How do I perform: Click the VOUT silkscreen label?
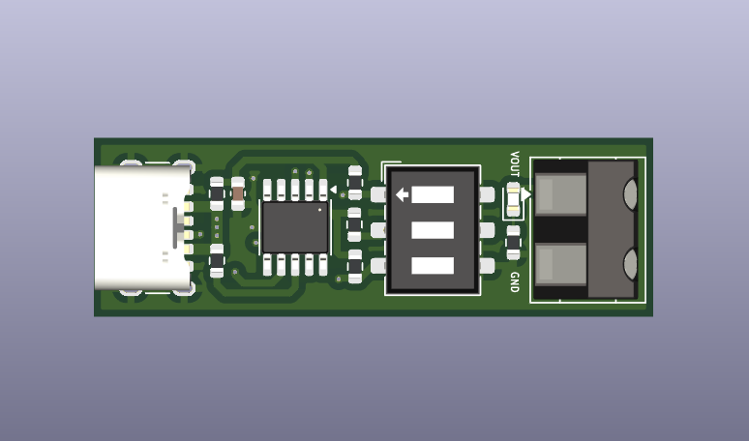(x=515, y=163)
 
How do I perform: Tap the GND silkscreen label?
(x=515, y=282)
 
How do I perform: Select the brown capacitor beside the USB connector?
(x=238, y=193)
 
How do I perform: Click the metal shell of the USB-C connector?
(x=142, y=227)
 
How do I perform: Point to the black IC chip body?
(x=295, y=227)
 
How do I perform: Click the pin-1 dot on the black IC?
(x=319, y=210)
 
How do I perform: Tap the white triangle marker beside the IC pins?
(x=334, y=190)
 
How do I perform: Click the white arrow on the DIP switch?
(x=403, y=194)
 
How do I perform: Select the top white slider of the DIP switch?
(x=433, y=194)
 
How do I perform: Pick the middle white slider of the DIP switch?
(x=433, y=230)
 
